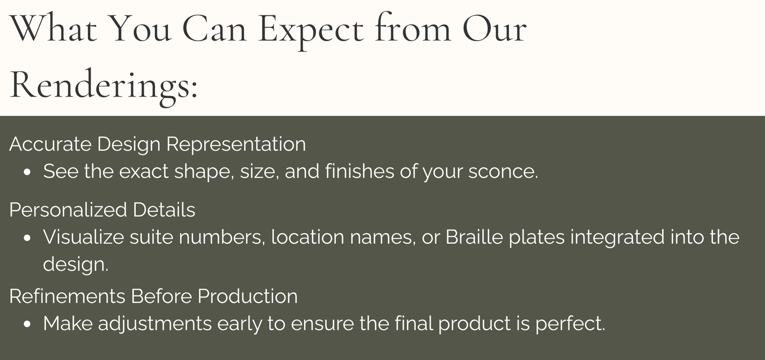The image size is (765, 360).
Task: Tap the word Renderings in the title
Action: (x=99, y=87)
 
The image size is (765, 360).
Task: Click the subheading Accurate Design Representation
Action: (x=157, y=144)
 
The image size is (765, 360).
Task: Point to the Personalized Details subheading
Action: (x=102, y=209)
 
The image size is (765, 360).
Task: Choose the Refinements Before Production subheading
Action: (x=153, y=296)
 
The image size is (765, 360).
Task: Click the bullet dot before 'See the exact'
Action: (x=28, y=173)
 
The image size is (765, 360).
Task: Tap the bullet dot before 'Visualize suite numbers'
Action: (x=28, y=239)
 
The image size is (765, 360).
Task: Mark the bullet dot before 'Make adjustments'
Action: (x=28, y=325)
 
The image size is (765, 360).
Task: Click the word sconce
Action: (x=503, y=171)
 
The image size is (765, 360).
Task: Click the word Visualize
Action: (x=83, y=237)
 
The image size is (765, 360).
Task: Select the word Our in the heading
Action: (x=494, y=29)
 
